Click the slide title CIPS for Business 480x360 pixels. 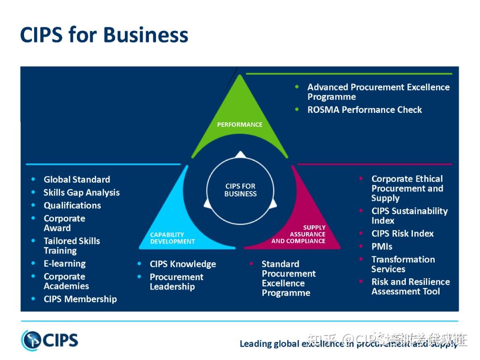(x=104, y=35)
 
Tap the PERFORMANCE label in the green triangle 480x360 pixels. (x=240, y=124)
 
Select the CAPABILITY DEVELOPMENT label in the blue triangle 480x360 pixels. (x=172, y=238)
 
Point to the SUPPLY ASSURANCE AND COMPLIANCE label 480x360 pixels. (x=299, y=234)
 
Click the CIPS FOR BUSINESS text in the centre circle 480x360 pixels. (x=240, y=190)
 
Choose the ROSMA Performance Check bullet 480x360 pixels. (x=364, y=110)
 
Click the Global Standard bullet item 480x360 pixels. (x=76, y=180)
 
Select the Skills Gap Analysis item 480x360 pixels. (x=81, y=192)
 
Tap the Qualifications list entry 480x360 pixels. (x=72, y=205)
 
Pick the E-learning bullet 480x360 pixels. (x=64, y=264)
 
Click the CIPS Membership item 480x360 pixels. (x=80, y=299)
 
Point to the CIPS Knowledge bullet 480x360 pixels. (x=183, y=264)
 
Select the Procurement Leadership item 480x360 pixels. (x=176, y=282)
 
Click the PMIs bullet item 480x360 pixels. (x=382, y=246)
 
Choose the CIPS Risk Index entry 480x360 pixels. (x=402, y=233)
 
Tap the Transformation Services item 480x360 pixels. (x=403, y=264)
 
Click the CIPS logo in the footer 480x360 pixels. (x=50, y=340)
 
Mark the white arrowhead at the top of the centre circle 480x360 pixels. (x=240, y=154)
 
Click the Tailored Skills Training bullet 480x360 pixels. (x=72, y=245)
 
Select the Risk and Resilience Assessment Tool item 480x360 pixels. (x=410, y=287)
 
